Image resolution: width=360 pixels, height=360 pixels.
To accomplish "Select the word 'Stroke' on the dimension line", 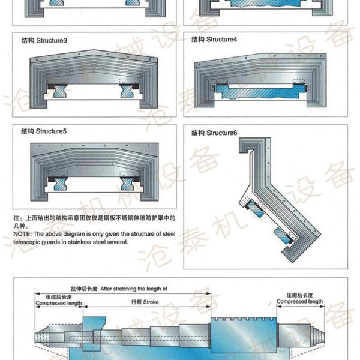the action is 151,302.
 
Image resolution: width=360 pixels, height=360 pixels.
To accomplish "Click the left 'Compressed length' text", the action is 58,304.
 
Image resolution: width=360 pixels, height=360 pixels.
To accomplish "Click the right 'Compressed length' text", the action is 301,302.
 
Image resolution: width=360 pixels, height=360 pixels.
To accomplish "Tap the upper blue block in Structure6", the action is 254,211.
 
